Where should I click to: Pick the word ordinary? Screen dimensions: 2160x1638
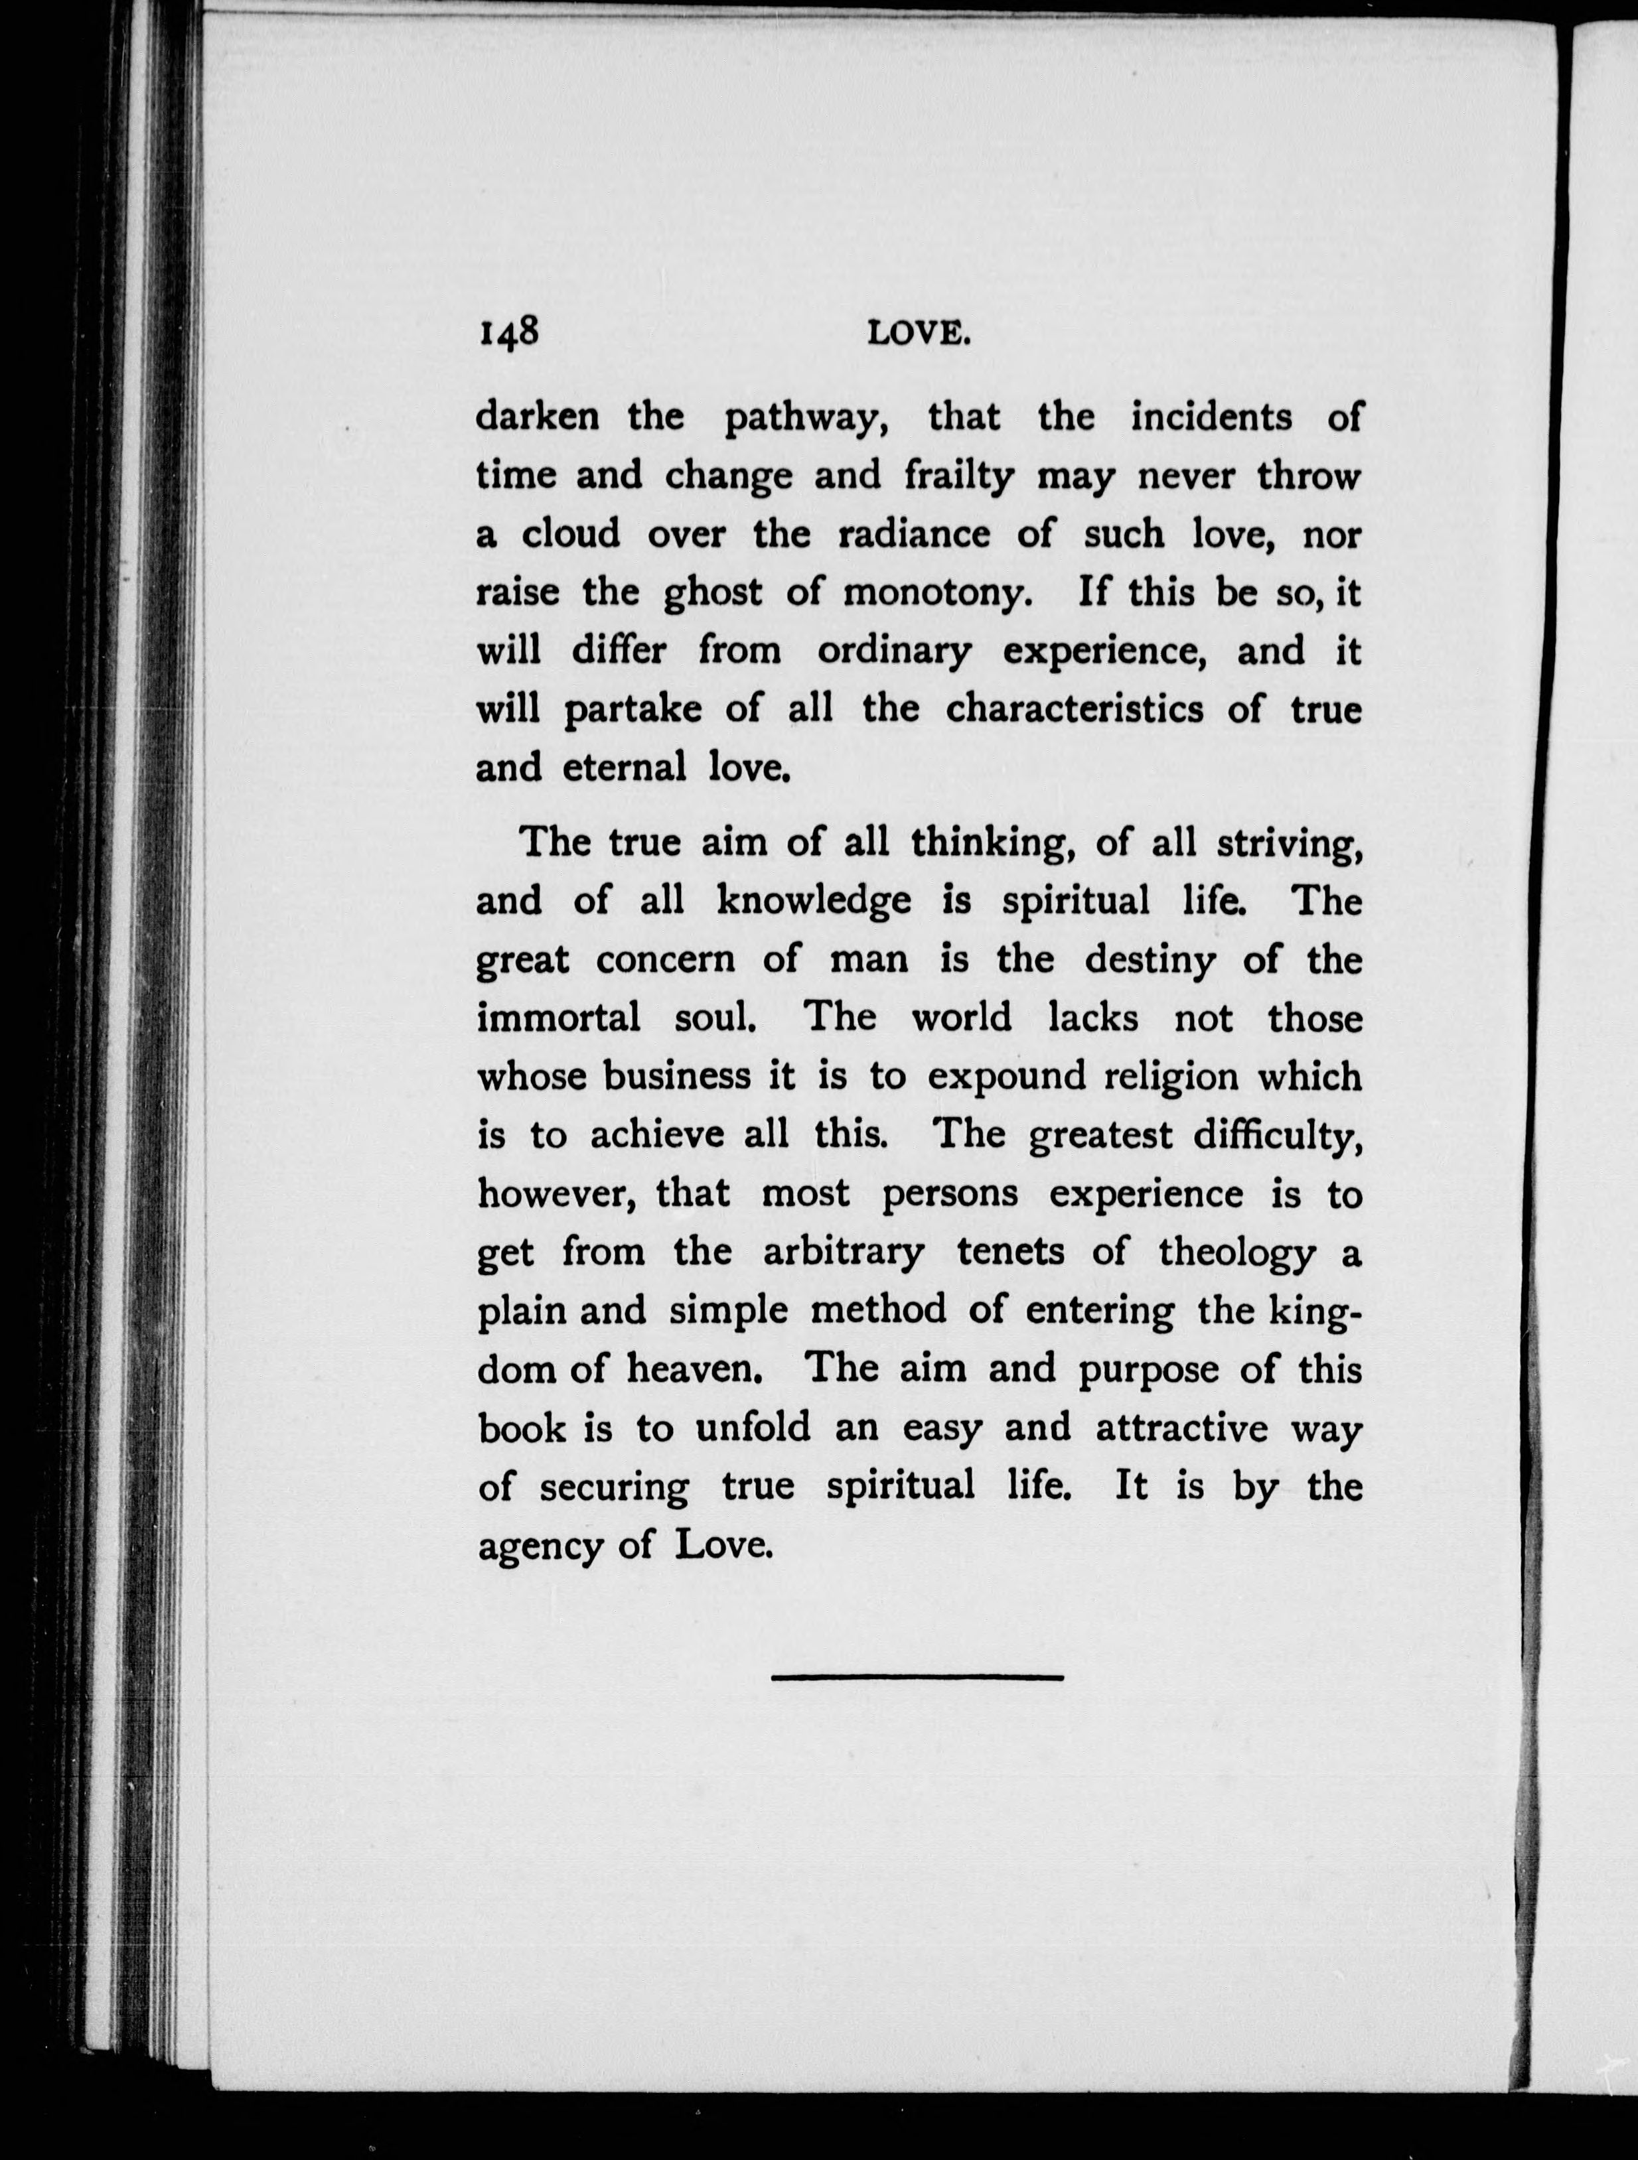[x=894, y=651]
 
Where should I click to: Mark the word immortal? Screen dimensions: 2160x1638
[x=559, y=1018]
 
